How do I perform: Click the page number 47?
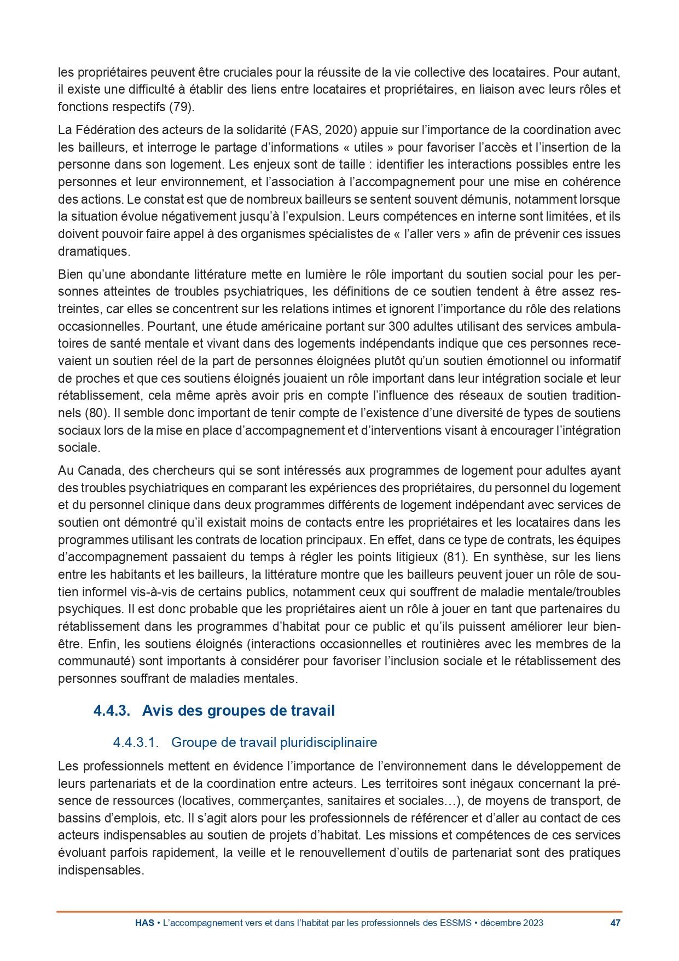(615, 923)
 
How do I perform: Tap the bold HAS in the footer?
(144, 923)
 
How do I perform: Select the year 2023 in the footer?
(533, 923)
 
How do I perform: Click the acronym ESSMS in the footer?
(456, 923)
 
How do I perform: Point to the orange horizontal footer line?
(339, 912)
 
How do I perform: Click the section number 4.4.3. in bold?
(112, 711)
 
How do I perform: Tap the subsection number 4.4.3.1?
(136, 743)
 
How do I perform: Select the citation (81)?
(455, 557)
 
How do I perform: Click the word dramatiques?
(93, 252)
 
